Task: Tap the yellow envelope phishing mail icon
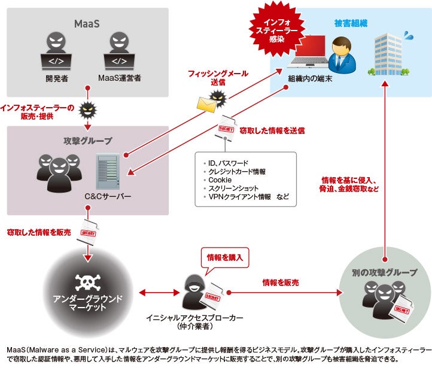point(206,105)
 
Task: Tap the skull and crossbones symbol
point(87,281)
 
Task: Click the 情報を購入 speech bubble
point(224,257)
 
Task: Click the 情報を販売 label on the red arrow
point(280,282)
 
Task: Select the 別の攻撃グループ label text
point(385,273)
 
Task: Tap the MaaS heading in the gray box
point(87,23)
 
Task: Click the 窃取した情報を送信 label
point(272,130)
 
